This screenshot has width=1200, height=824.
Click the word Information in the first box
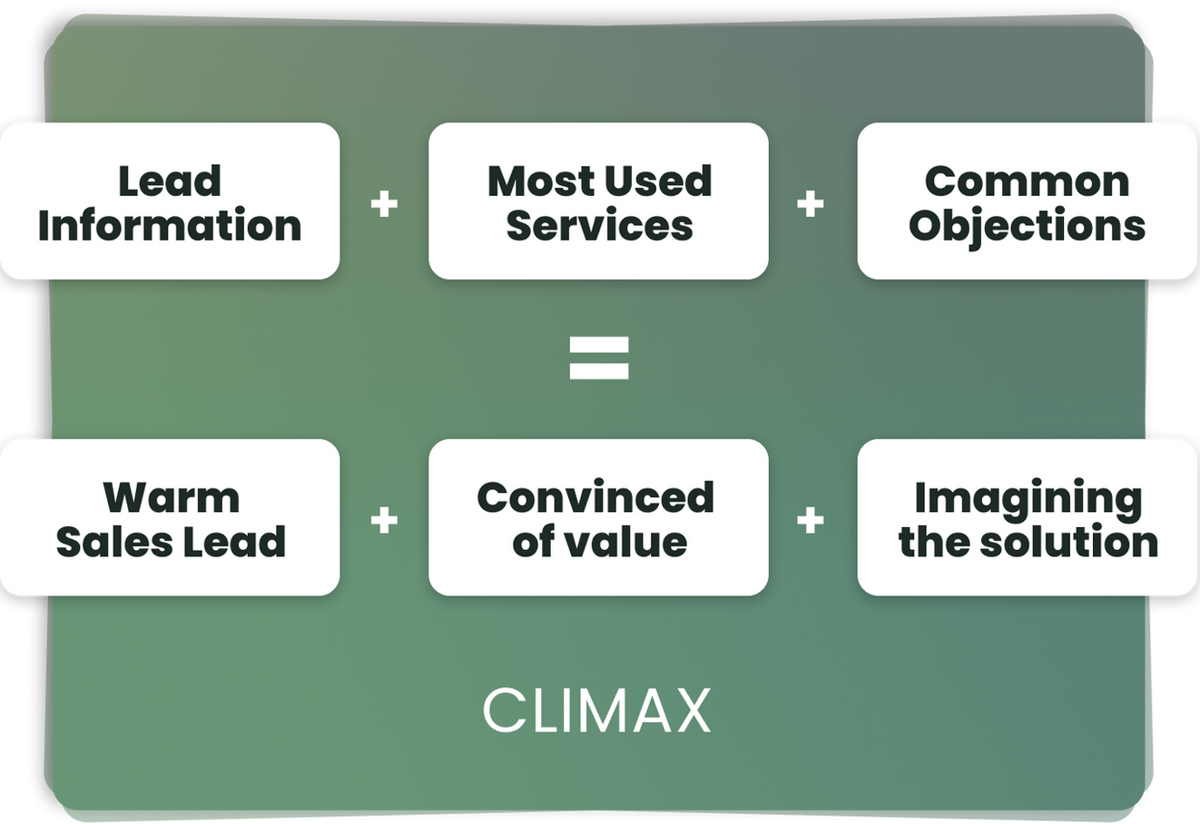tap(170, 225)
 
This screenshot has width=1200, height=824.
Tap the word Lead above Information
tap(170, 181)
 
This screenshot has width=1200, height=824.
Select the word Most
tap(539, 181)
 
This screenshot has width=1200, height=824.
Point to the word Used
tap(656, 181)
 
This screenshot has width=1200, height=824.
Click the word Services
tap(599, 225)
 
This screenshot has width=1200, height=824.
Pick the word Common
tap(1027, 181)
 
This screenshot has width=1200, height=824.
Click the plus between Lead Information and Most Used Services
tap(384, 203)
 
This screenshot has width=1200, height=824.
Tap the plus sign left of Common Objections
tap(811, 203)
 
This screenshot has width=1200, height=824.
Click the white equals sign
tap(599, 358)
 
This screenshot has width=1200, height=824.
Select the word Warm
tap(171, 497)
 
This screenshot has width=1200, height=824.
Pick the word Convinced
tap(595, 497)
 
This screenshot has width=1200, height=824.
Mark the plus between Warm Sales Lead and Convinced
tap(384, 520)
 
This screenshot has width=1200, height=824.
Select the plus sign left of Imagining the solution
tap(811, 520)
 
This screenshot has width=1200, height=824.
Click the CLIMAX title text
tap(596, 711)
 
